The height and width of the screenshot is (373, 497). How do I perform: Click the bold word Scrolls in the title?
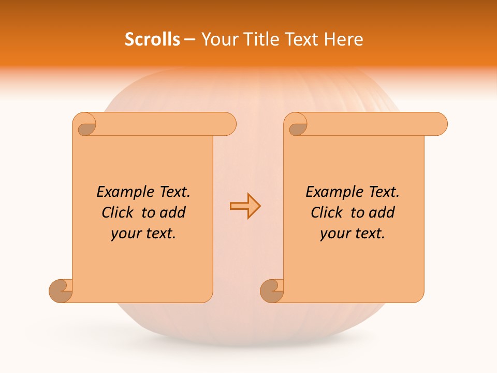(x=152, y=39)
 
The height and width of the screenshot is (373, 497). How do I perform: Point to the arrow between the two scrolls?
(x=245, y=206)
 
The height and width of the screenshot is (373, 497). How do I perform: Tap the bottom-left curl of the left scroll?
(x=62, y=291)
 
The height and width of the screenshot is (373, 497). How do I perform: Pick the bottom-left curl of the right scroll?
(x=272, y=291)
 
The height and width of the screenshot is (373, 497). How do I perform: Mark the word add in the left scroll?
(x=173, y=212)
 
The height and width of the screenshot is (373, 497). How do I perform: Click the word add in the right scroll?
(x=382, y=212)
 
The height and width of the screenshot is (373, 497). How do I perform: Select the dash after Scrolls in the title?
(x=190, y=39)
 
